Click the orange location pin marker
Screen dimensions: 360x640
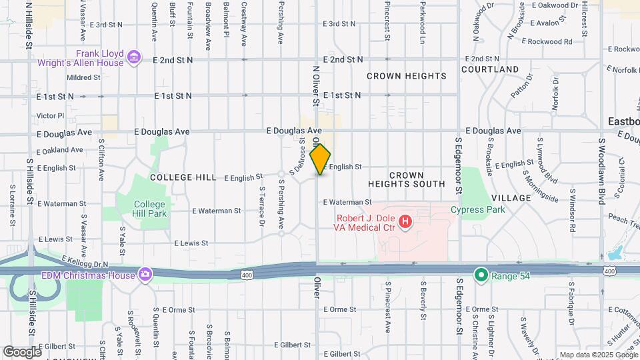tap(321, 159)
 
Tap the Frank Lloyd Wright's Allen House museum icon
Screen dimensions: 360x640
tap(134, 57)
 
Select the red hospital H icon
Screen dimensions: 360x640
tap(404, 221)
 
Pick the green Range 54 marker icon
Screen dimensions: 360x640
tap(480, 274)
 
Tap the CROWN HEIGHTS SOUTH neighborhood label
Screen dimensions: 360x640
tap(406, 179)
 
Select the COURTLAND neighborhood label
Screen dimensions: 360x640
tap(489, 69)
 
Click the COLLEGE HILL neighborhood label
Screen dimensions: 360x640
tap(183, 177)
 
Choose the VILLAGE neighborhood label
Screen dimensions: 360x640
tap(511, 198)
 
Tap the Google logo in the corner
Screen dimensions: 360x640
tap(22, 351)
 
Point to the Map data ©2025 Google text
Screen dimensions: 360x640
tap(598, 355)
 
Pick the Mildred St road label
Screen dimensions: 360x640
tap(83, 77)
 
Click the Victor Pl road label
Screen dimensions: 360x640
tap(50, 115)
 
